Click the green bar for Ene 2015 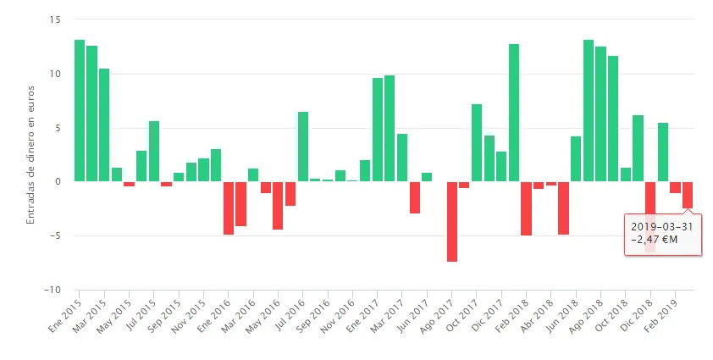click(80, 110)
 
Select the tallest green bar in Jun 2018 click(589, 110)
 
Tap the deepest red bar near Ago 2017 click(452, 221)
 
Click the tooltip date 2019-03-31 click(662, 226)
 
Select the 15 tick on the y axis click(57, 19)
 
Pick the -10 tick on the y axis click(54, 290)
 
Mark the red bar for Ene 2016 click(229, 208)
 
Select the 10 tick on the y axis click(57, 74)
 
